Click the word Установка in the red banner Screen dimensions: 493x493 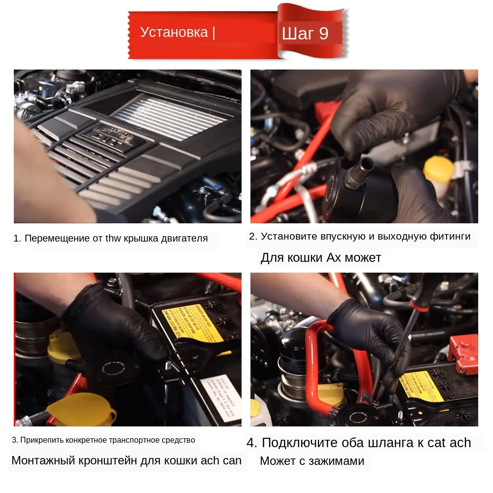174,32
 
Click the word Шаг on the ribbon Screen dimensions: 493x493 298,34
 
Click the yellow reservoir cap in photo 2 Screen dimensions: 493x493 438,170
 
